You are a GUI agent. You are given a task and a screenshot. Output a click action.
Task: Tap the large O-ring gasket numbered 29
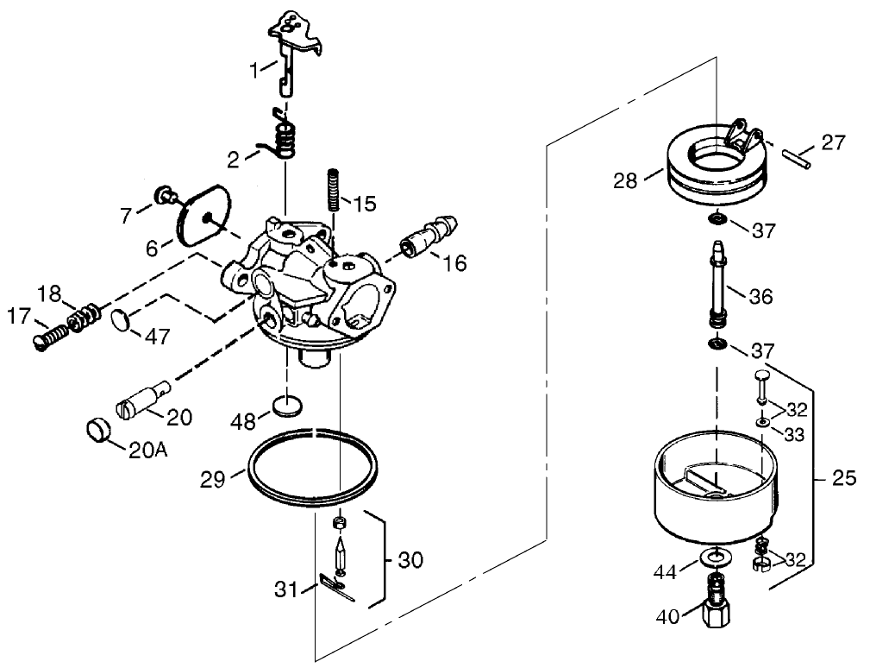pyautogui.click(x=311, y=465)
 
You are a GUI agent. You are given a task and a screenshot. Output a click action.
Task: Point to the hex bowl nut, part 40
pyautogui.click(x=717, y=610)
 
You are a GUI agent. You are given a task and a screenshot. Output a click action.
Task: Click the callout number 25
pyautogui.click(x=844, y=477)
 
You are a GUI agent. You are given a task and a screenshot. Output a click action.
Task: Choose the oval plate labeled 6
pyautogui.click(x=200, y=212)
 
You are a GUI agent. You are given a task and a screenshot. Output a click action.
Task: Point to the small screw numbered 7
pyautogui.click(x=161, y=194)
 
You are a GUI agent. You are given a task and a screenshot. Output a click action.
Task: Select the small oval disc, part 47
pyautogui.click(x=122, y=320)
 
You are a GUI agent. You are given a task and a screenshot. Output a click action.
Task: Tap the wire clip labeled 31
pyautogui.click(x=335, y=586)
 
